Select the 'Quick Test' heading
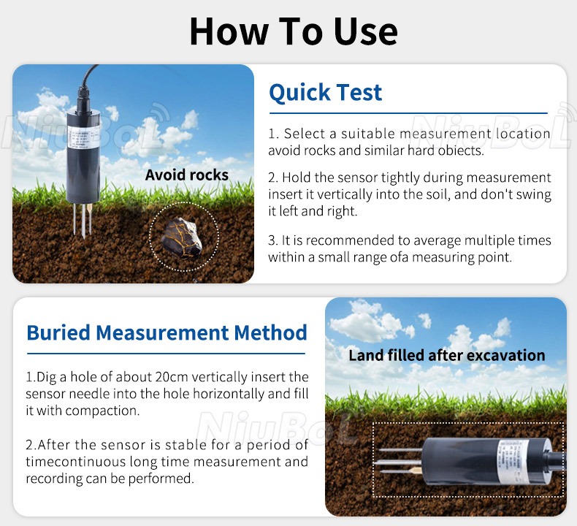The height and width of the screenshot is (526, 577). click(x=325, y=93)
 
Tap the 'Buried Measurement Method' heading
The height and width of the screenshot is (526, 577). click(x=167, y=332)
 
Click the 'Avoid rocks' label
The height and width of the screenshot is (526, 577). click(x=186, y=175)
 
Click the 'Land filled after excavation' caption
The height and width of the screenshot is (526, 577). click(x=446, y=356)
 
